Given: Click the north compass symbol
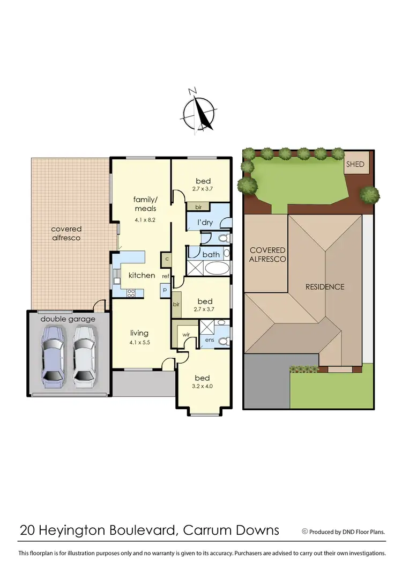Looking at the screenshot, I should (199, 111).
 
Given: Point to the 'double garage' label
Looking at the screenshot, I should (68, 319).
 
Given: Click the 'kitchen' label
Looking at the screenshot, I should (142, 275).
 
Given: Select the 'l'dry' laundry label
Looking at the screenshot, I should (206, 222).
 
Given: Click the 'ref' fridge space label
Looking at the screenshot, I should (166, 276).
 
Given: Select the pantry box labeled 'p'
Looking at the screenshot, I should (165, 290).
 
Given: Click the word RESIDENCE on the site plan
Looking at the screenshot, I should (325, 286).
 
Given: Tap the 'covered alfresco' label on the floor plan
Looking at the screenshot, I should (66, 233).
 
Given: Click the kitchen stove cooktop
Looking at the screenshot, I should (130, 292).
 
